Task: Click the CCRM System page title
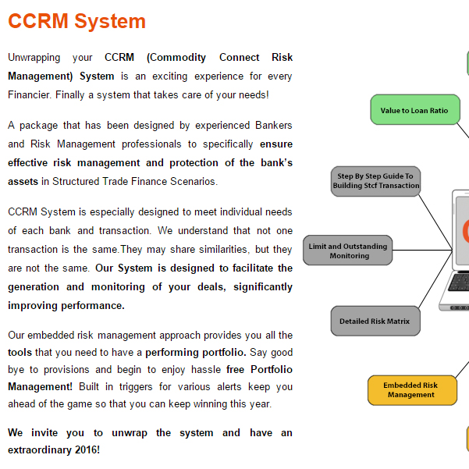point(76,21)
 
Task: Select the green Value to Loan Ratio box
point(415,109)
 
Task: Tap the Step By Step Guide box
point(375,181)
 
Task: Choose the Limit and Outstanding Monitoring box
point(347,250)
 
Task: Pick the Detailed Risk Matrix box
point(375,321)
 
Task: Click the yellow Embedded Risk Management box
point(412,390)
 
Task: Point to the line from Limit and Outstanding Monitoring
point(422,250)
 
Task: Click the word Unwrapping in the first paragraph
point(34,57)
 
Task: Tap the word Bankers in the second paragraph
point(273,125)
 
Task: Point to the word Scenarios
point(194,182)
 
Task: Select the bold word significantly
point(263,287)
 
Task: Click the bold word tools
point(20,353)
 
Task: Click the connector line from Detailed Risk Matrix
point(435,279)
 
